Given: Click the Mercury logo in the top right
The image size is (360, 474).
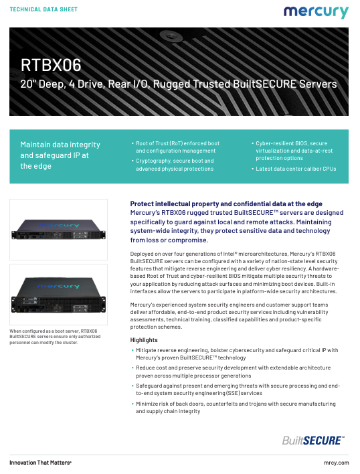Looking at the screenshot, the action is (x=316, y=13).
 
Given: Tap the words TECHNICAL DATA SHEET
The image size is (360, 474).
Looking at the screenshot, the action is (x=43, y=11).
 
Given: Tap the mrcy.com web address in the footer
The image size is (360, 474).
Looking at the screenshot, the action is (x=335, y=462).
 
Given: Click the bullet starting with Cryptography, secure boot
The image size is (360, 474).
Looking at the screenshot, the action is (x=173, y=165).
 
